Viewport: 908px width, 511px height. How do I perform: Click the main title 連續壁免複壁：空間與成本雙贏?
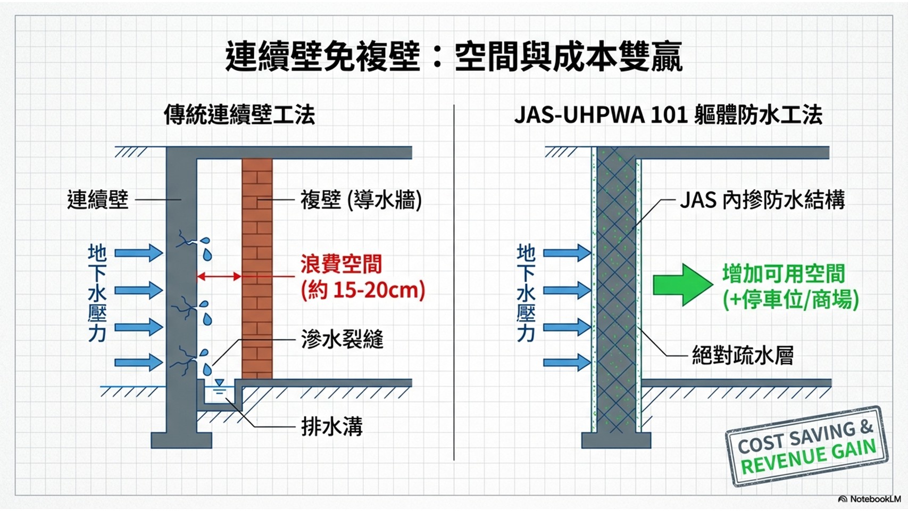(x=453, y=56)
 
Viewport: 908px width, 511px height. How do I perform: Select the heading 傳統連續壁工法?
(x=239, y=115)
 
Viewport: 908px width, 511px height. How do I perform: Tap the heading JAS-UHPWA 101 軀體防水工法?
(x=668, y=115)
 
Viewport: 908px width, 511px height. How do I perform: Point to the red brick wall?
(x=257, y=266)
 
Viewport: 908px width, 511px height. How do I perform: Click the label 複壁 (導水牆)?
(x=361, y=201)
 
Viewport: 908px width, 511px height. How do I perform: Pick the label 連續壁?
(x=98, y=200)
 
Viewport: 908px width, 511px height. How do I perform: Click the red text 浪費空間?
(x=341, y=264)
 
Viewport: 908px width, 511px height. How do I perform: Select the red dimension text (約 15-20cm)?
(x=363, y=290)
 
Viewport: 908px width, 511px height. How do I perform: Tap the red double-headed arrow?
(x=219, y=276)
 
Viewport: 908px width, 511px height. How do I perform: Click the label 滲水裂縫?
(x=342, y=339)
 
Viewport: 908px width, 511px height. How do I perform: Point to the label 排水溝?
(x=332, y=426)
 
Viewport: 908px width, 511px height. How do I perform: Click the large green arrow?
(x=682, y=284)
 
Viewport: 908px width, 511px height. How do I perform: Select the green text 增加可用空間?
(x=784, y=274)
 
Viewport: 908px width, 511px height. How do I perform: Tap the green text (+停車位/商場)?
(x=790, y=300)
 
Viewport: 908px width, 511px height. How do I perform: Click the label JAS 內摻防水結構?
(x=762, y=200)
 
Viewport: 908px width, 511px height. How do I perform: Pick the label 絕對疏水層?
(x=743, y=355)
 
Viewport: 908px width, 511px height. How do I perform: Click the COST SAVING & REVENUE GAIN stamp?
(x=806, y=446)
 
